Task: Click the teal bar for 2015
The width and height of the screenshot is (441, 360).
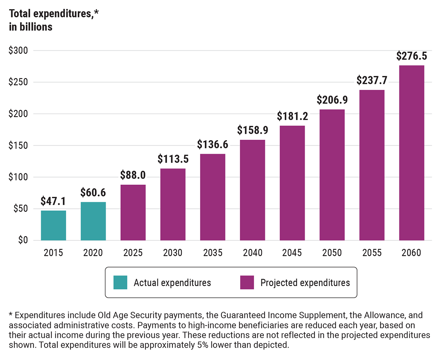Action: [x=53, y=225]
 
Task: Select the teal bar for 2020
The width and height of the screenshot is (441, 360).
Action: [x=93, y=221]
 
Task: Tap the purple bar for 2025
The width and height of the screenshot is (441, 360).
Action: [x=133, y=213]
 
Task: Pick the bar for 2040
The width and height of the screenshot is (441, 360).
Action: [x=252, y=190]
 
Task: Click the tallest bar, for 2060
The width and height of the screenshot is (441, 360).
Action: [x=412, y=153]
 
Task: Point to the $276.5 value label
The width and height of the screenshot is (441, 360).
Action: [x=412, y=56]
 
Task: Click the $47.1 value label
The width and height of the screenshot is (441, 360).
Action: [x=53, y=201]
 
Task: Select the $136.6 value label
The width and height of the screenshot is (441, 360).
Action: [x=212, y=145]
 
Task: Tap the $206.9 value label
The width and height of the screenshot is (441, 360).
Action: [x=332, y=100]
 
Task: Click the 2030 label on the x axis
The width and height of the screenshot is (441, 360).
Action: [x=173, y=253]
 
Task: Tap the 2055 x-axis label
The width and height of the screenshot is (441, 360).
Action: [x=372, y=253]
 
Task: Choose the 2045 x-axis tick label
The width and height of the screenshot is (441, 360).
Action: [x=292, y=253]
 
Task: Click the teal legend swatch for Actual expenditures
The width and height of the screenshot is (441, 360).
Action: [x=120, y=283]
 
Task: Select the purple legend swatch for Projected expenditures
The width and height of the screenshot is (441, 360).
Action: [x=247, y=283]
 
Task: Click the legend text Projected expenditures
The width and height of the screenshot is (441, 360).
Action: [x=305, y=283]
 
